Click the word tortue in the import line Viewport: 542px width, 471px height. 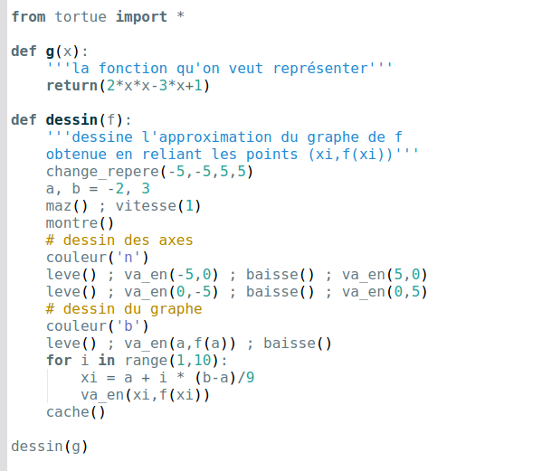(x=81, y=16)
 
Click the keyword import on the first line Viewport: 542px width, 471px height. (x=141, y=17)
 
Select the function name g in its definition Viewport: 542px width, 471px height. (x=50, y=52)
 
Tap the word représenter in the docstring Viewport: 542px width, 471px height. (x=320, y=69)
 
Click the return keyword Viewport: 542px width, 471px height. (x=71, y=86)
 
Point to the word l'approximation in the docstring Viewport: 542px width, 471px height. (x=207, y=137)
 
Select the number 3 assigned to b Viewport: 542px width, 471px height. (x=146, y=189)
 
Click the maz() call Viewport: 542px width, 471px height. (x=67, y=206)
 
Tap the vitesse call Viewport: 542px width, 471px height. (x=158, y=206)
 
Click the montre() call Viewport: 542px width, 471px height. (x=80, y=223)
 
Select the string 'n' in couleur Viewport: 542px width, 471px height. (x=128, y=258)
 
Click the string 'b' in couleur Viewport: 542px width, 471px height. (x=128, y=326)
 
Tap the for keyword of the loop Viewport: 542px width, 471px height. (x=59, y=361)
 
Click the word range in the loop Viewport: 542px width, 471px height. (x=146, y=361)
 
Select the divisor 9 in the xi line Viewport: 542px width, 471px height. (x=251, y=377)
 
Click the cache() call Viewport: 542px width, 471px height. (x=76, y=412)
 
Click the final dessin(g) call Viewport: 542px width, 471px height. (x=50, y=447)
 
